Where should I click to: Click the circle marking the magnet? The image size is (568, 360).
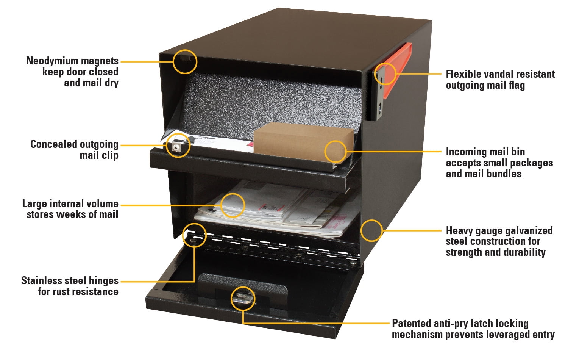(x=185, y=61)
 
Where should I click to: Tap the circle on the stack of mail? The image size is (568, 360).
(x=233, y=205)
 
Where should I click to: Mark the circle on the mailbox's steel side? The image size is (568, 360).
(x=371, y=230)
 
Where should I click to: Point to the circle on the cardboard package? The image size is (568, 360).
(x=335, y=152)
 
